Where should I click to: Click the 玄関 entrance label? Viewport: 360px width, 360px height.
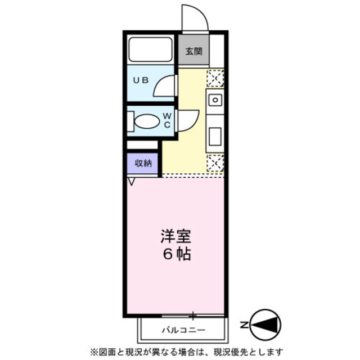[x=193, y=51]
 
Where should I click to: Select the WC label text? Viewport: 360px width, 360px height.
[x=167, y=120]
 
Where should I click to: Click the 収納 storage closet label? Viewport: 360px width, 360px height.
[x=143, y=163]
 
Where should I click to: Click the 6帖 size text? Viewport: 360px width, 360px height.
[x=177, y=254]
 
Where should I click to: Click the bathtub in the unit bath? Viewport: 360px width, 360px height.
[x=150, y=50]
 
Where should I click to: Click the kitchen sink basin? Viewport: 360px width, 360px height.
[x=215, y=100]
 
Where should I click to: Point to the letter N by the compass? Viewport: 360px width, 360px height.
[x=246, y=325]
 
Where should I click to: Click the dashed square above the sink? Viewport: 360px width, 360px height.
[x=215, y=78]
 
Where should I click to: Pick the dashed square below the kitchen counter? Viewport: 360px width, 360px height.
[x=215, y=163]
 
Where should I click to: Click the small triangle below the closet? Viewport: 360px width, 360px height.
[x=132, y=181]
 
